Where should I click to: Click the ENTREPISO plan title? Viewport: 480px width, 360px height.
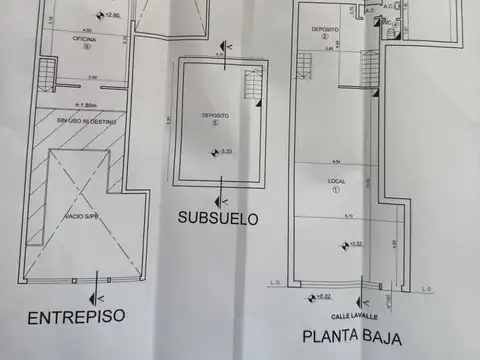tap(76, 317)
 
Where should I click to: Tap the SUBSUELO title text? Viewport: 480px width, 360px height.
tap(219, 217)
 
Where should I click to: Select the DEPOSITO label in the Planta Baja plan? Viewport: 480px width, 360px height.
tap(323, 30)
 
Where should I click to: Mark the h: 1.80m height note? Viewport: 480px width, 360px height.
tap(83, 103)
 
